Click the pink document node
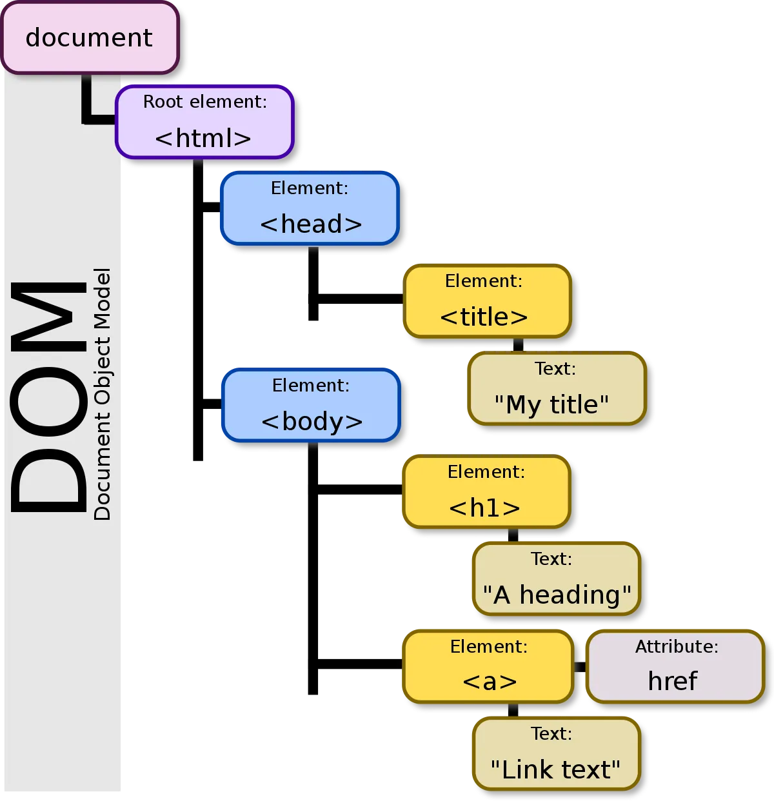tap(89, 37)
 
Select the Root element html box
tap(204, 122)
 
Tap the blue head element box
tap(310, 208)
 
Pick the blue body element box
tap(311, 405)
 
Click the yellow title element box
tap(488, 301)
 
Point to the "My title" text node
tap(557, 388)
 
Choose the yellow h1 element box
tap(486, 492)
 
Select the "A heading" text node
tap(557, 578)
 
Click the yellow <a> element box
tap(488, 666)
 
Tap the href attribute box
tap(675, 666)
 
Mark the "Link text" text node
tap(557, 753)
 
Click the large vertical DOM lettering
tap(48, 397)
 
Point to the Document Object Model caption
tap(103, 394)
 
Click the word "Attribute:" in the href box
tap(677, 647)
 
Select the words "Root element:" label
tap(204, 102)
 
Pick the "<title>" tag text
tap(484, 317)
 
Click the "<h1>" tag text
tap(484, 508)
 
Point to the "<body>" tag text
tap(312, 422)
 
